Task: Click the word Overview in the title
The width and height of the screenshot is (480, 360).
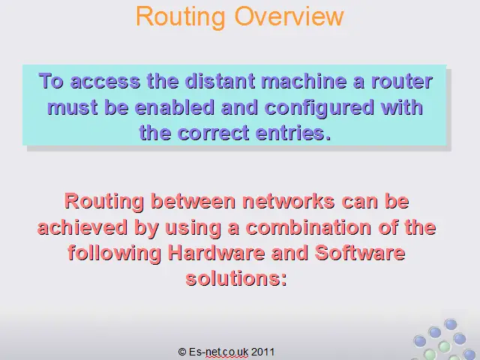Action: click(x=289, y=16)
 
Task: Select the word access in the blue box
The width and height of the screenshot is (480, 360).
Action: click(x=105, y=82)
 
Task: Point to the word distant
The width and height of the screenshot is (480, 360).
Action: click(x=220, y=81)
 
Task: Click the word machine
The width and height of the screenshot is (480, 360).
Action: click(x=304, y=81)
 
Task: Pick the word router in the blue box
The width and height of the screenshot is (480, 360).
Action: click(x=402, y=82)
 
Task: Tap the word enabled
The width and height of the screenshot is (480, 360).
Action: click(x=175, y=107)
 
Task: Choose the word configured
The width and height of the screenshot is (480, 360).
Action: click(x=319, y=108)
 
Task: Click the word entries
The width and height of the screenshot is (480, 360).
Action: click(x=293, y=133)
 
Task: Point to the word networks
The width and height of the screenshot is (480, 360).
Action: click(x=288, y=202)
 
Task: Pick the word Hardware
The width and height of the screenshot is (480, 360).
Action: click(x=217, y=253)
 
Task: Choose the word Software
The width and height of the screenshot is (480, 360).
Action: click(x=360, y=253)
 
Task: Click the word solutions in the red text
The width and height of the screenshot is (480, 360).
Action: click(x=236, y=279)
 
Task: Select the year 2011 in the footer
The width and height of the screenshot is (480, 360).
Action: click(x=262, y=352)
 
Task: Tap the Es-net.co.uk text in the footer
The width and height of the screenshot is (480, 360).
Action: click(x=218, y=352)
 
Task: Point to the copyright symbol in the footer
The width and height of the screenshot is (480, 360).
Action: click(x=182, y=352)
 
